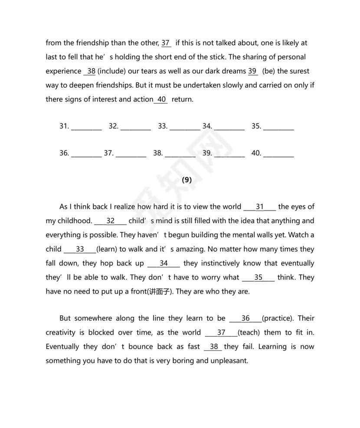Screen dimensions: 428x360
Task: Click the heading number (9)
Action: coord(187,180)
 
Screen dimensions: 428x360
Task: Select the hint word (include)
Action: coord(112,71)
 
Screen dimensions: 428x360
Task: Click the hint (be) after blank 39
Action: coord(268,71)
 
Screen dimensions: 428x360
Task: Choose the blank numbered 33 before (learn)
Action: coord(80,249)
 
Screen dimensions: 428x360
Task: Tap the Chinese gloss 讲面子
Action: coord(159,292)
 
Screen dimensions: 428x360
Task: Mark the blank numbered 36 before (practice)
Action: coord(245,318)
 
